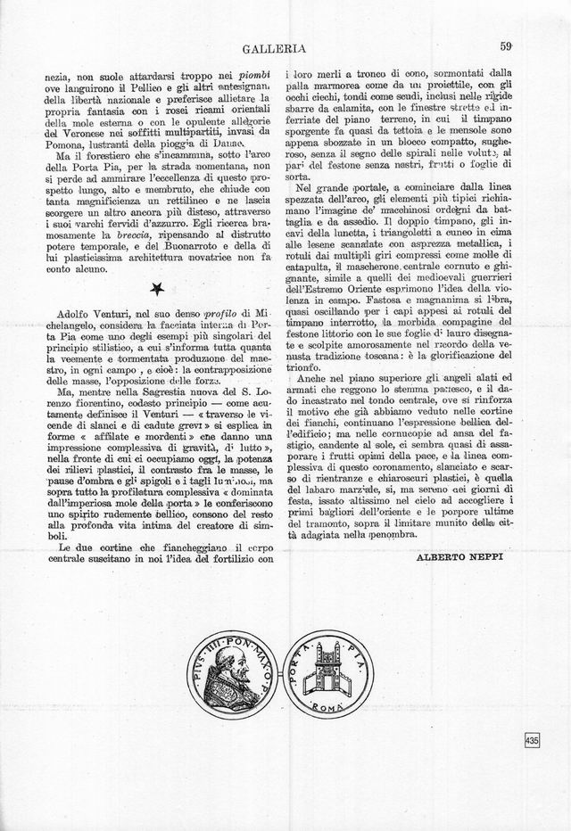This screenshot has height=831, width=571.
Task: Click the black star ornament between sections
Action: click(157, 287)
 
